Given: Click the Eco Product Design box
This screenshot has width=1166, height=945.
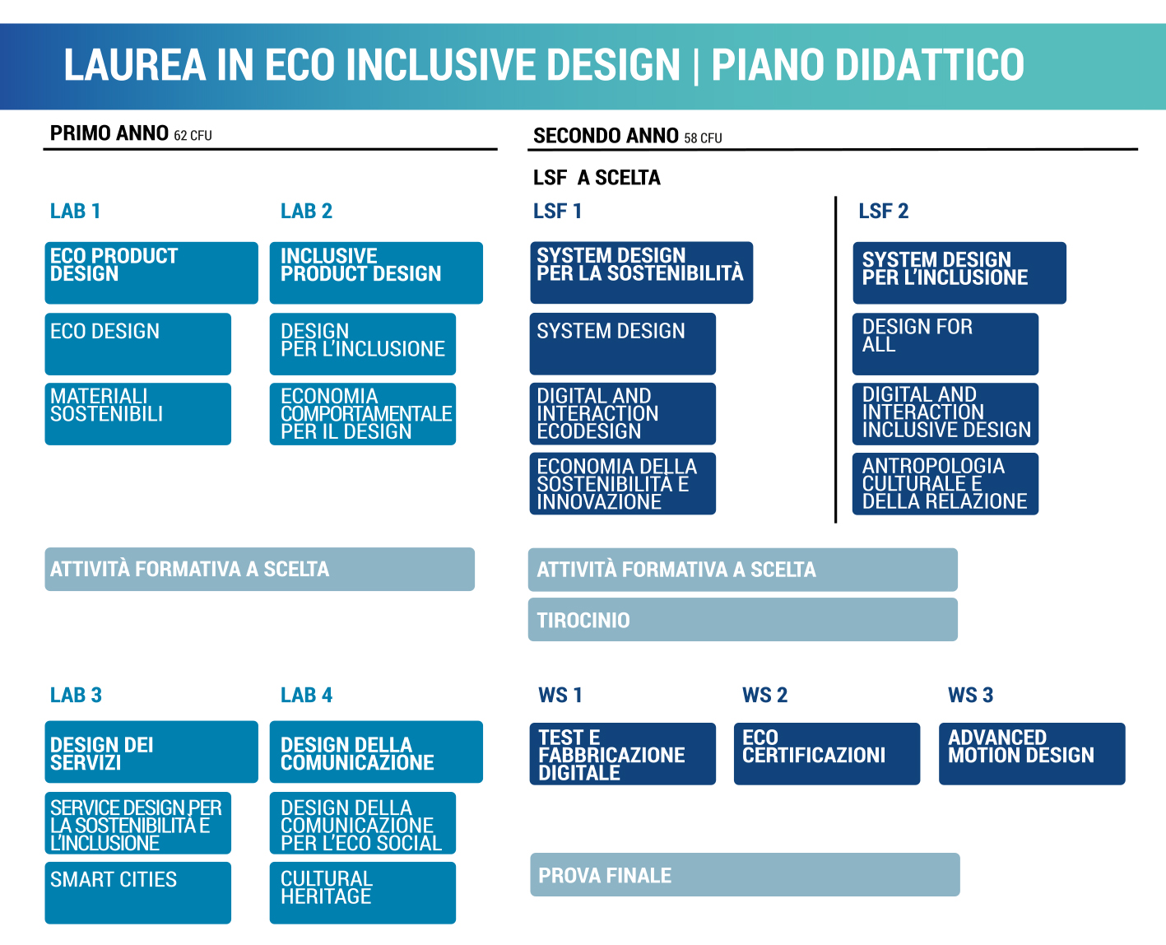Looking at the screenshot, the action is click(x=151, y=272).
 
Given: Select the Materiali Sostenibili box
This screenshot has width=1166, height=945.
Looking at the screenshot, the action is click(x=138, y=414).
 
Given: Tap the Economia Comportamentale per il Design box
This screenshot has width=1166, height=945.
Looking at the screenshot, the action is click(x=362, y=414).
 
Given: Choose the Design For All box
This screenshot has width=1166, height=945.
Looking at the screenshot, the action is click(x=945, y=344).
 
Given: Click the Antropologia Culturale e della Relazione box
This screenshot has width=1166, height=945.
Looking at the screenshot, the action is click(x=945, y=484).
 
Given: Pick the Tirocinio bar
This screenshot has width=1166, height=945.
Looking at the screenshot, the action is click(x=743, y=620).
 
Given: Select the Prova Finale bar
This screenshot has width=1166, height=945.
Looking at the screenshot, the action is click(x=745, y=874).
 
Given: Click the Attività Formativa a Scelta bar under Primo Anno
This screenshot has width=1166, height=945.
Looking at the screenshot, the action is click(x=259, y=570).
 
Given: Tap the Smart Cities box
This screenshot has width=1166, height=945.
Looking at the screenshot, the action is click(x=138, y=893).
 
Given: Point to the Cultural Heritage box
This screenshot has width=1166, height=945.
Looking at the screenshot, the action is click(x=362, y=893).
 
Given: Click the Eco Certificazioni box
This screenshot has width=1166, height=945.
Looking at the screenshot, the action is click(x=827, y=754).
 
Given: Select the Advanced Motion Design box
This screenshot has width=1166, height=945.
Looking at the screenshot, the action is click(x=1032, y=754).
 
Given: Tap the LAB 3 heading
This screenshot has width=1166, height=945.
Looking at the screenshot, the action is click(x=76, y=695).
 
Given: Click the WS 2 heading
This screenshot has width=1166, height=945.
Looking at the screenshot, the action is click(x=764, y=695).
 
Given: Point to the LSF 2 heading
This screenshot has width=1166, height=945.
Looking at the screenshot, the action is click(x=884, y=211).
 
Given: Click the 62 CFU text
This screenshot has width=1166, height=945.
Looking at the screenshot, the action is click(x=193, y=135).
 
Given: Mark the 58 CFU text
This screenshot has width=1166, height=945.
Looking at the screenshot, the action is click(x=703, y=138).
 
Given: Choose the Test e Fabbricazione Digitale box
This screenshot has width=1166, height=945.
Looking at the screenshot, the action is click(x=622, y=754).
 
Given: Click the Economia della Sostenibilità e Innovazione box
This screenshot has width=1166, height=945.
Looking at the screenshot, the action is click(x=622, y=483).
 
